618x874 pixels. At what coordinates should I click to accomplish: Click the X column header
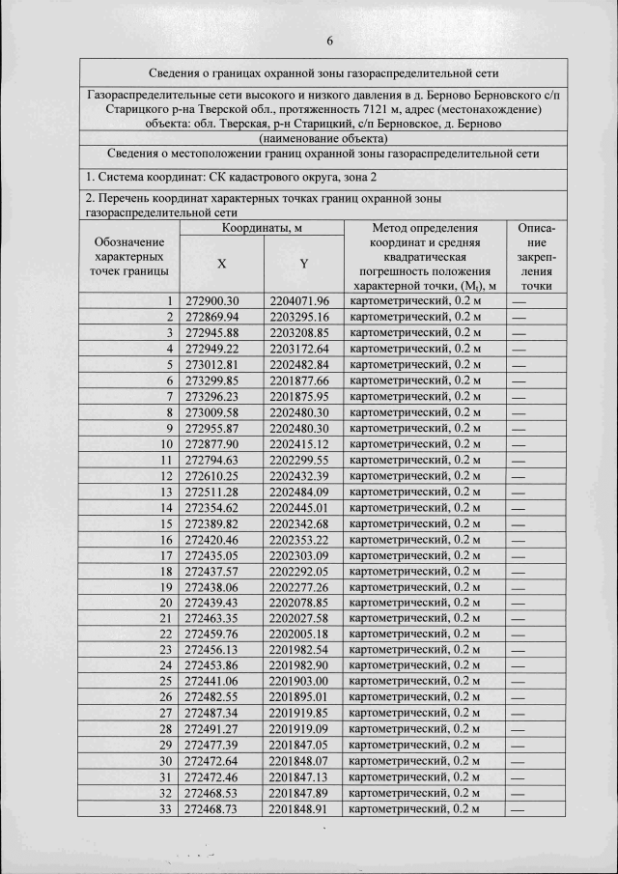point(221,263)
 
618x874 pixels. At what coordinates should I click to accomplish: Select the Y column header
point(303,263)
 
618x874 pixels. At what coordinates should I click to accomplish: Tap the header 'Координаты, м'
point(262,228)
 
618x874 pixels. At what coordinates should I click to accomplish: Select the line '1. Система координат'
point(232,178)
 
